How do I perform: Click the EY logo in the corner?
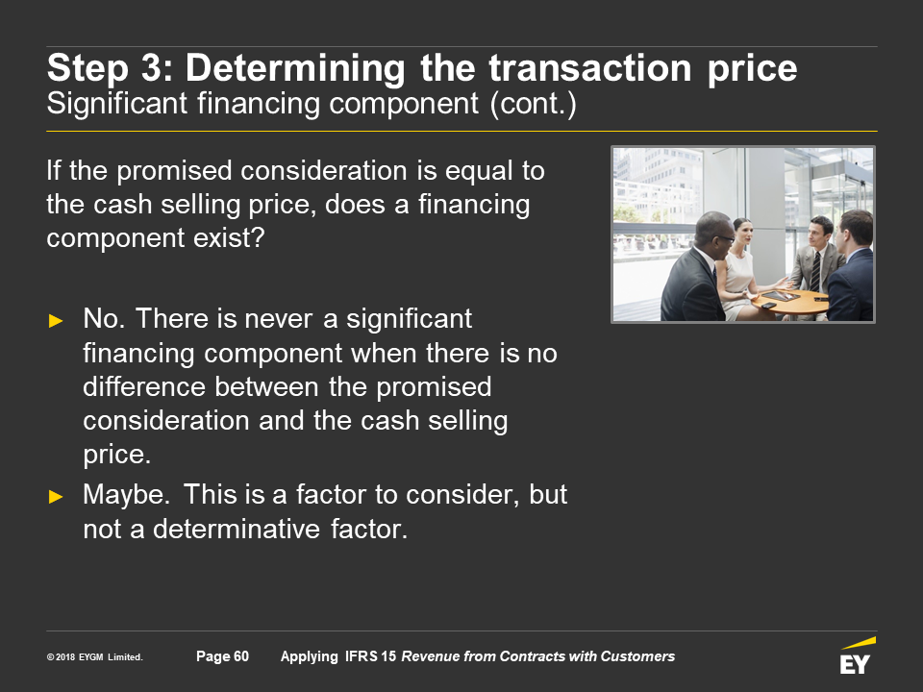point(858,655)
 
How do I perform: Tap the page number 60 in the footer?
point(241,656)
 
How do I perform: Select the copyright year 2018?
point(65,657)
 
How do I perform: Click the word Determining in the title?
point(295,68)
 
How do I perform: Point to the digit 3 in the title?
point(151,67)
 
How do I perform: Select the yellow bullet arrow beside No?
point(56,321)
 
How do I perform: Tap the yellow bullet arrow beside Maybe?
point(56,497)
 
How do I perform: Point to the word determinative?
point(237,529)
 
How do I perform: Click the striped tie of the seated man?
point(816,272)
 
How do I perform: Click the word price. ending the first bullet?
point(116,455)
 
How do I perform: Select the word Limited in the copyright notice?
point(125,657)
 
